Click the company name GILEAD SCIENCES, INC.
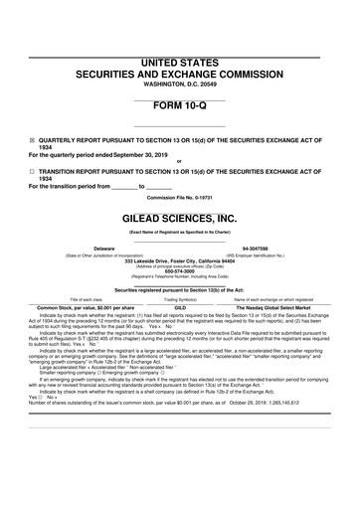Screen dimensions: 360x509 point(179,218)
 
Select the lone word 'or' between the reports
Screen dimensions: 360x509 point(179,163)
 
